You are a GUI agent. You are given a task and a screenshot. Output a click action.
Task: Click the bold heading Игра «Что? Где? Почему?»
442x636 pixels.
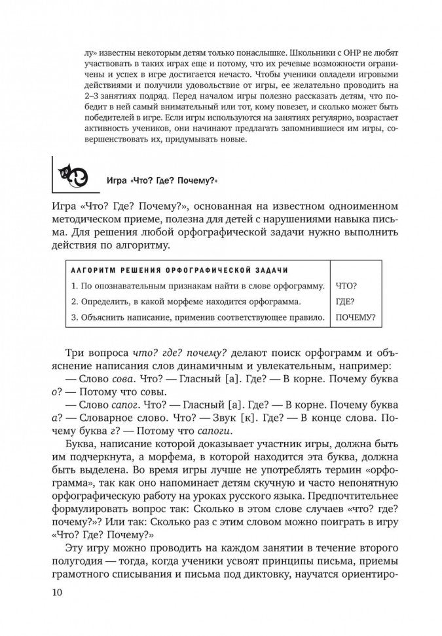(x=160, y=182)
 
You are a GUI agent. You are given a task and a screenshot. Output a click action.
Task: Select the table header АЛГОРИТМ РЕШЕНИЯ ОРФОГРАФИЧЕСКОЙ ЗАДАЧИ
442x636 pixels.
(x=177, y=270)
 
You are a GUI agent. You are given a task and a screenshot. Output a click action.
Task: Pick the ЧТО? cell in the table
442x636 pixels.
(x=350, y=286)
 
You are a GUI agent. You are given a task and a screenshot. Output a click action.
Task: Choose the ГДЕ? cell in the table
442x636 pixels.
(x=345, y=302)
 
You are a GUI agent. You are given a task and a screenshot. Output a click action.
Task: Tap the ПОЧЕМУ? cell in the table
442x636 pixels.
(x=356, y=318)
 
